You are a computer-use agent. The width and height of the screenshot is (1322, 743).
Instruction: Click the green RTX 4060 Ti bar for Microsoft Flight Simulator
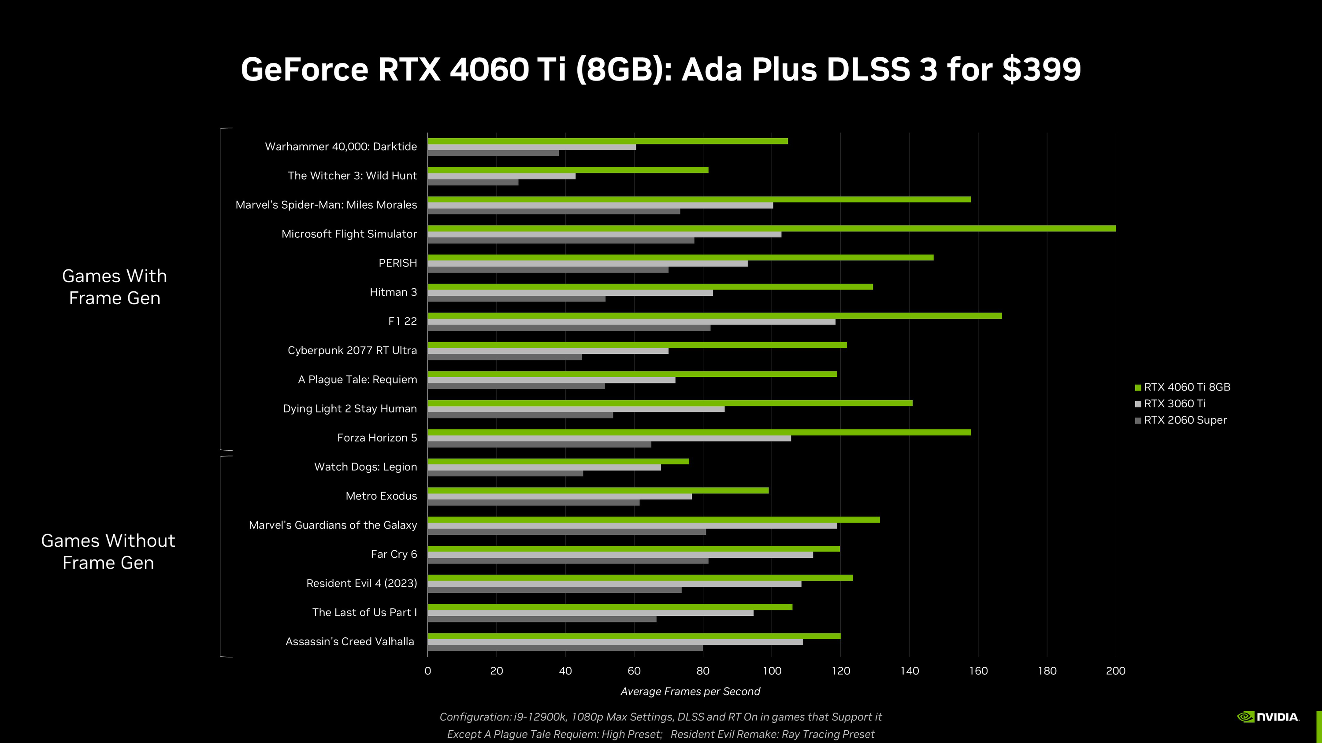(x=770, y=228)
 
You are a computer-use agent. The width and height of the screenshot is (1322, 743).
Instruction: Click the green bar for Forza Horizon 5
(x=698, y=432)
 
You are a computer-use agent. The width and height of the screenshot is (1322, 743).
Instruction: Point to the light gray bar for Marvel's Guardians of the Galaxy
(x=631, y=526)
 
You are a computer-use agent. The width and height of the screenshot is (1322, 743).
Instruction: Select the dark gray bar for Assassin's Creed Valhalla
(x=564, y=648)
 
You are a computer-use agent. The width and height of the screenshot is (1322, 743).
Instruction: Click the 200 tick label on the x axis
(x=1115, y=671)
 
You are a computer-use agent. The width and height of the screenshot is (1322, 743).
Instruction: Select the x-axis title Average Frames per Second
(x=690, y=691)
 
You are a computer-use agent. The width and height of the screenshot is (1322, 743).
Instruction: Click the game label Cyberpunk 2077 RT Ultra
(x=352, y=350)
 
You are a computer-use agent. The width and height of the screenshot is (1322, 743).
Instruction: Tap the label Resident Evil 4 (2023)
(x=361, y=583)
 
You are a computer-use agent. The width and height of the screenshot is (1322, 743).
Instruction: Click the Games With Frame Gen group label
(x=115, y=287)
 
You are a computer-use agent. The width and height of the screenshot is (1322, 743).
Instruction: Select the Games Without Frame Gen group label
(x=108, y=551)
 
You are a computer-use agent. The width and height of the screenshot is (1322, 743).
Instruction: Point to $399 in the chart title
(x=1041, y=69)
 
